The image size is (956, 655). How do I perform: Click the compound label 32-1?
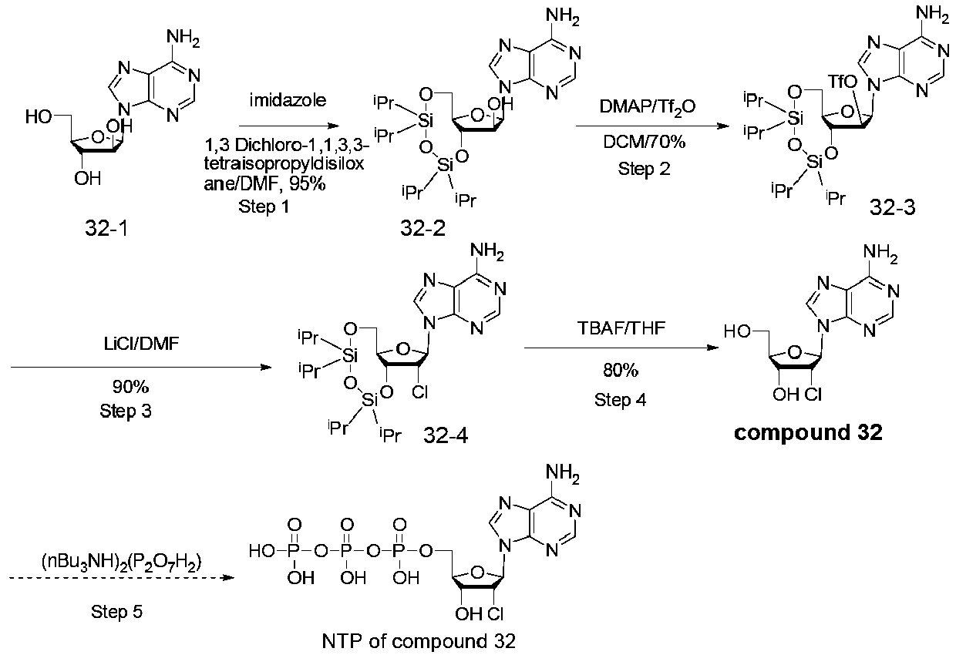click(106, 228)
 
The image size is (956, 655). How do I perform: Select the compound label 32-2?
click(422, 228)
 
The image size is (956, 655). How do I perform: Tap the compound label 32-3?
click(893, 207)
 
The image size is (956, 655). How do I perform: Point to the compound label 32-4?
click(445, 435)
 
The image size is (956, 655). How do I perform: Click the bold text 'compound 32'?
click(808, 433)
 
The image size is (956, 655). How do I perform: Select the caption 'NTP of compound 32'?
click(419, 641)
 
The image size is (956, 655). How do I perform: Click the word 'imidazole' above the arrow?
click(288, 100)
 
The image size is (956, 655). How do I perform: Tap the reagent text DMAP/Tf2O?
click(647, 106)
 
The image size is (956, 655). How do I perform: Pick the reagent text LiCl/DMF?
click(141, 344)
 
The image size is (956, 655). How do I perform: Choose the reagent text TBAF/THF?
click(621, 327)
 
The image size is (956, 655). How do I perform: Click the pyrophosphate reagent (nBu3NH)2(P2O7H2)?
click(121, 563)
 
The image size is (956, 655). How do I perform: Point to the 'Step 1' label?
click(264, 207)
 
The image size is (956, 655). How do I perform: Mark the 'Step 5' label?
click(116, 612)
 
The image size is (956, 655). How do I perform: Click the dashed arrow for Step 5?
click(122, 578)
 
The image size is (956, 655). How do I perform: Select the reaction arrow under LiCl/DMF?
click(141, 367)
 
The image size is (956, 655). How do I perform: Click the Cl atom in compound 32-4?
click(420, 391)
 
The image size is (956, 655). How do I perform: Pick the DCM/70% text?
click(644, 142)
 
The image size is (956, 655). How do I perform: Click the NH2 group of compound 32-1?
click(183, 38)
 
